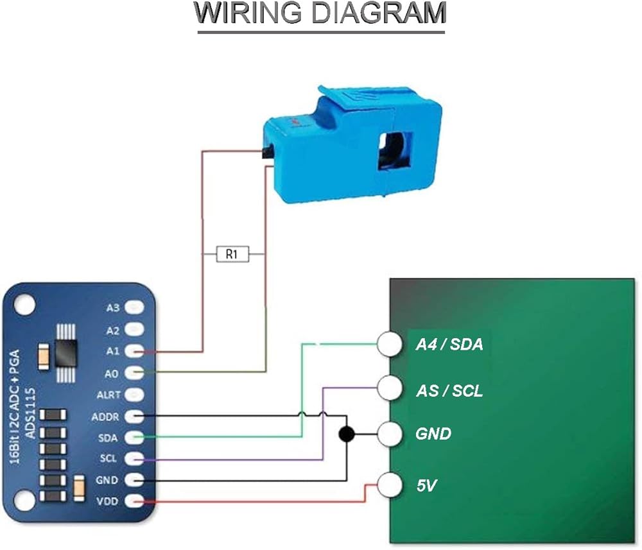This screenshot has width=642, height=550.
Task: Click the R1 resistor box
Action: click(x=232, y=255)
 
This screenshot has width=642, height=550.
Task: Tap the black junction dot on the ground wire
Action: click(x=347, y=434)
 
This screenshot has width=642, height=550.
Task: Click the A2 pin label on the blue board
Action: click(x=112, y=331)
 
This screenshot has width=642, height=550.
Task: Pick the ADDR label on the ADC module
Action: click(x=105, y=417)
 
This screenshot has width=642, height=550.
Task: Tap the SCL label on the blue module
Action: click(x=108, y=459)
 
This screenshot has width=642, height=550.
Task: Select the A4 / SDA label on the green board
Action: click(x=449, y=345)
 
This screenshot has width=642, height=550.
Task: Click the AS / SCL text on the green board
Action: click(x=449, y=391)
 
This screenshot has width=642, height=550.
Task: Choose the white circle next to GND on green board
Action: click(x=390, y=434)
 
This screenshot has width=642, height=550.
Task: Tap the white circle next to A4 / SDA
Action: click(x=390, y=344)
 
